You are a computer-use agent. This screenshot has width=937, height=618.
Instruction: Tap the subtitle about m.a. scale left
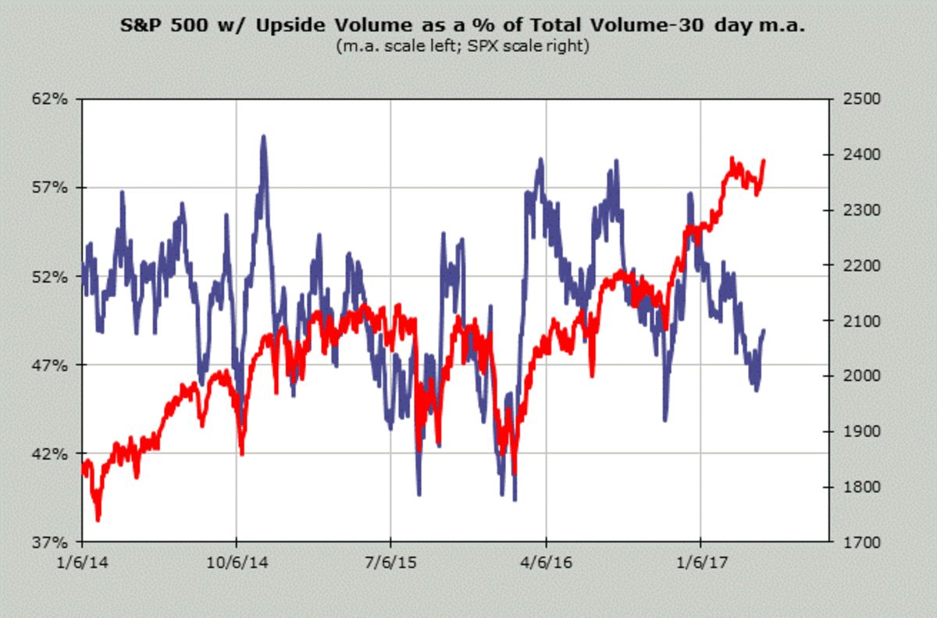462,46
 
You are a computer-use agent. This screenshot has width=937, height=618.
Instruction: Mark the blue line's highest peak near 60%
263,137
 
